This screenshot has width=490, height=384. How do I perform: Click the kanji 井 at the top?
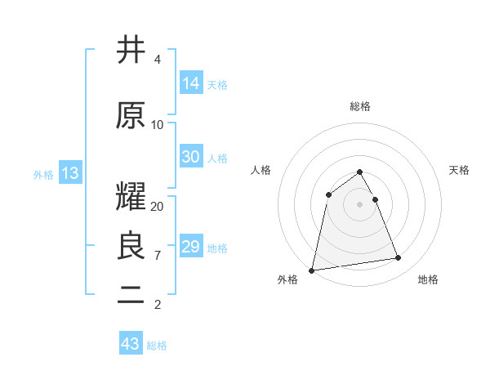(x=131, y=51)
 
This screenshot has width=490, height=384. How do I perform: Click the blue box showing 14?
(x=191, y=83)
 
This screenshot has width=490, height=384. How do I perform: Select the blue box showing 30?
(x=191, y=157)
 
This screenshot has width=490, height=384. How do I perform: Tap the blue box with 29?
(x=191, y=247)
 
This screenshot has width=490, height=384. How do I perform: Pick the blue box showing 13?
(x=70, y=173)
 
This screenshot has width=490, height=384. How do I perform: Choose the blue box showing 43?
(x=131, y=344)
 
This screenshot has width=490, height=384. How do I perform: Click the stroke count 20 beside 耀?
(x=158, y=206)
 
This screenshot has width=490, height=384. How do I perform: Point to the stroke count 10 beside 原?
(x=158, y=124)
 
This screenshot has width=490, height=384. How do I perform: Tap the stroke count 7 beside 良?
(x=158, y=255)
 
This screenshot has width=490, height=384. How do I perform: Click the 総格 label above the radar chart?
(x=360, y=106)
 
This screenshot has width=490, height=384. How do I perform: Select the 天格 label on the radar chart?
(x=460, y=170)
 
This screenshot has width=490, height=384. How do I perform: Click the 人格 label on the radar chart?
(x=261, y=170)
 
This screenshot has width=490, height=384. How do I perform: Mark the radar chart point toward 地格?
(x=399, y=258)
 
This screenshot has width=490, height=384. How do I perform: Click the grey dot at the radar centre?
(x=360, y=203)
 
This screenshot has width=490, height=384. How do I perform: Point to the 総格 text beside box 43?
(x=157, y=346)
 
